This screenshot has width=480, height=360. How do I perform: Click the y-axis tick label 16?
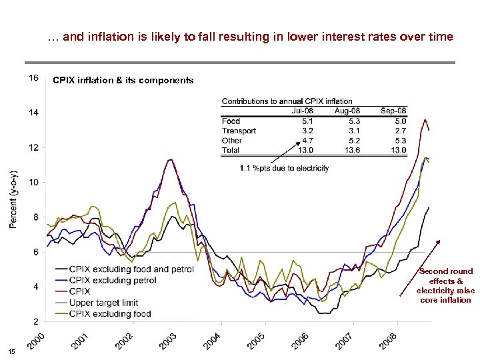[33, 77]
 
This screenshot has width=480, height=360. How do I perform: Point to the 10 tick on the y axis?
[33, 182]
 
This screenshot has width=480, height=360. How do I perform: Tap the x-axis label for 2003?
[167, 339]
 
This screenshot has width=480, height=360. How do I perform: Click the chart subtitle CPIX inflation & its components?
[123, 81]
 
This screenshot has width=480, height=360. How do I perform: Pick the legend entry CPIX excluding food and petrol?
[131, 269]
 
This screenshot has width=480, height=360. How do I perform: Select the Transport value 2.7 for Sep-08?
[399, 131]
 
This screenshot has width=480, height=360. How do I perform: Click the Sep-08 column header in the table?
[393, 111]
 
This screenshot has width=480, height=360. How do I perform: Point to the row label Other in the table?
[232, 141]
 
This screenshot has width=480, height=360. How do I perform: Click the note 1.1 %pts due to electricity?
[285, 168]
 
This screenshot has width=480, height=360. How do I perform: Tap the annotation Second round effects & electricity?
[445, 285]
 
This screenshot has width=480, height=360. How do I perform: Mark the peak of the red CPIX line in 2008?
[425, 119]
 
